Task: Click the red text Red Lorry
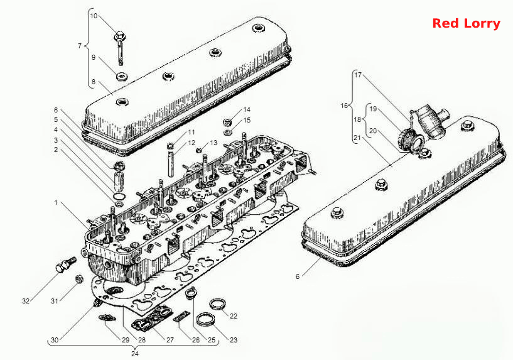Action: [x=466, y=24]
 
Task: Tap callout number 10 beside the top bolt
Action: [x=94, y=16]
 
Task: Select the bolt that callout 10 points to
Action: [x=120, y=48]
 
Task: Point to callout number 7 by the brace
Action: [x=80, y=46]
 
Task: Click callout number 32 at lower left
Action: [x=26, y=301]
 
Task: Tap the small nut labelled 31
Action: [x=78, y=279]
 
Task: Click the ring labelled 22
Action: [x=217, y=304]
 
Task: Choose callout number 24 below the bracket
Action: [x=135, y=354]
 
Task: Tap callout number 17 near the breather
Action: [x=359, y=75]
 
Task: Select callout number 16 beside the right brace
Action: [x=344, y=106]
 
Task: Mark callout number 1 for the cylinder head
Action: [x=56, y=203]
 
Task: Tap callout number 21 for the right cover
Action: [x=357, y=138]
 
